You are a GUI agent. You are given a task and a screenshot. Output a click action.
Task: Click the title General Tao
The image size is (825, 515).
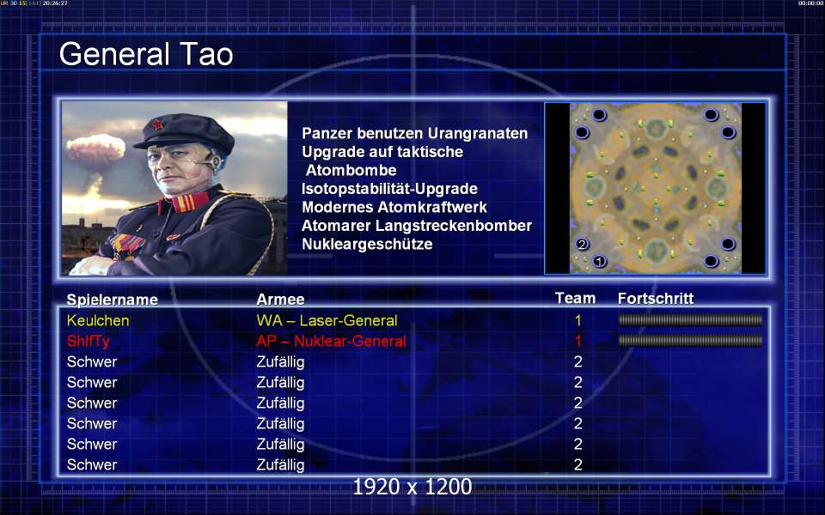[146, 54]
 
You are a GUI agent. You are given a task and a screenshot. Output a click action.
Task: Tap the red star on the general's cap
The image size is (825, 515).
[156, 124]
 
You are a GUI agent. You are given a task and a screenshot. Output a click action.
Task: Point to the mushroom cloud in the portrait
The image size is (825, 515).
[95, 158]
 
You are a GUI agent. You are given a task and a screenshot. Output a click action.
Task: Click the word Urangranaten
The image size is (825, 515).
[477, 134]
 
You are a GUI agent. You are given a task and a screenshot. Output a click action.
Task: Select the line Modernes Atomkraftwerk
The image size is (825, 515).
[394, 207]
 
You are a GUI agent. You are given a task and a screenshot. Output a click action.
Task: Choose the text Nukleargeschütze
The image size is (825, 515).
[367, 245]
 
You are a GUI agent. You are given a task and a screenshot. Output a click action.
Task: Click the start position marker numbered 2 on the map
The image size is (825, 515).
[582, 244]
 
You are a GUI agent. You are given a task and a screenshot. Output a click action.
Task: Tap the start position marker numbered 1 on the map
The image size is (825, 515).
[599, 261]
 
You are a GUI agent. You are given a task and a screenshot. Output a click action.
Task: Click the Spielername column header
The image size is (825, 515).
[112, 300]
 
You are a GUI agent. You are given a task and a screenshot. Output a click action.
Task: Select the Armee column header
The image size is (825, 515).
[280, 300]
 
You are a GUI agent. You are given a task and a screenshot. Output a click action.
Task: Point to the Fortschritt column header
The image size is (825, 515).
[656, 299]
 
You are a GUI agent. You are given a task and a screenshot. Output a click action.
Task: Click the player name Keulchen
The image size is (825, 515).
[98, 320]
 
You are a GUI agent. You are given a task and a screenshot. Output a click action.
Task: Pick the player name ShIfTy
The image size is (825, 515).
[88, 342]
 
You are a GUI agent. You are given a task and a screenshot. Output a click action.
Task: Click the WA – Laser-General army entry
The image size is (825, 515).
[327, 320]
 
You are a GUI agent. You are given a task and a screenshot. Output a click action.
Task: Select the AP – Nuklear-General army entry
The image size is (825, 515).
[331, 342]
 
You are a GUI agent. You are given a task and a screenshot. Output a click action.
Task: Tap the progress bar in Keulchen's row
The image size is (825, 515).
[690, 320]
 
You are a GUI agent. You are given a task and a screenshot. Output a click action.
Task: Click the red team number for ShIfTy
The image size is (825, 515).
[578, 341]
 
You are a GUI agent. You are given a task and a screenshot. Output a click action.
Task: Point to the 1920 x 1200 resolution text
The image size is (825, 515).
[412, 487]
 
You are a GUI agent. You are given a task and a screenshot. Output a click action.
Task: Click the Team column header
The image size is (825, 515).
[575, 299]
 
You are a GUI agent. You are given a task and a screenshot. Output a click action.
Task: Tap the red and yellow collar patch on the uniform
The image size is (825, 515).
[182, 203]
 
